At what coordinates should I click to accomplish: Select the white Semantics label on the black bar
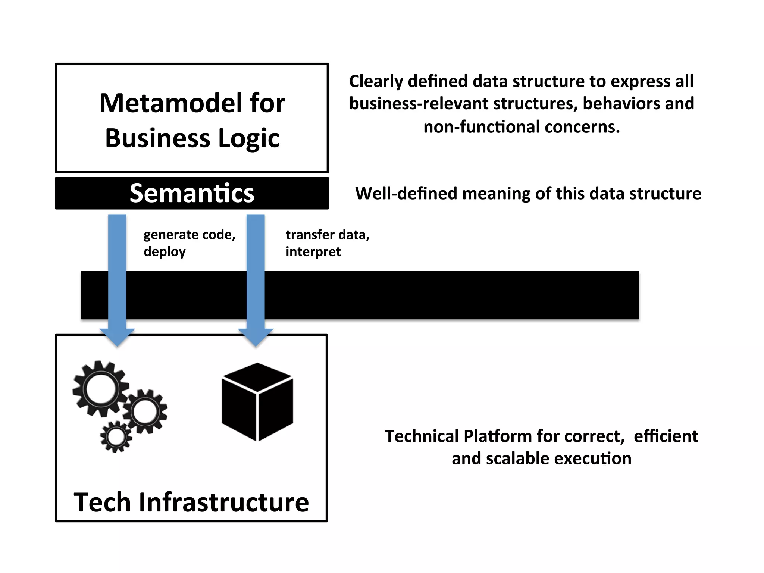pyautogui.click(x=192, y=193)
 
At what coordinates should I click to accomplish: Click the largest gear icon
pyautogui.click(x=100, y=389)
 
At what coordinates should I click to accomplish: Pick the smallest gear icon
pyautogui.click(x=116, y=437)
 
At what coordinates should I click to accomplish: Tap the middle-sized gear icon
pyautogui.click(x=145, y=411)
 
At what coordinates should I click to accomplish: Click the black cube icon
pyautogui.click(x=257, y=402)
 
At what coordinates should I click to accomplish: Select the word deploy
pyautogui.click(x=165, y=252)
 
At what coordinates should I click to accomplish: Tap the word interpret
pyautogui.click(x=313, y=252)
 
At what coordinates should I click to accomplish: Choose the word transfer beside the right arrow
pyautogui.click(x=305, y=235)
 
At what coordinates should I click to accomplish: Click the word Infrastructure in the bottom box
pyautogui.click(x=224, y=502)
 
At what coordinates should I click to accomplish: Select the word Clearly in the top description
pyautogui.click(x=376, y=82)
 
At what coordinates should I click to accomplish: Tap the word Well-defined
pyautogui.click(x=406, y=194)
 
